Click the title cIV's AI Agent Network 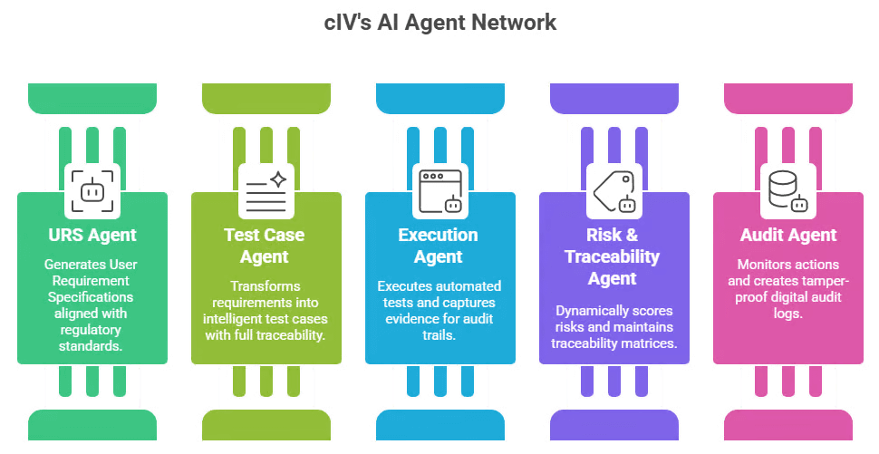(440, 23)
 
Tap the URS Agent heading (92, 235)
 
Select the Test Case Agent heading (264, 246)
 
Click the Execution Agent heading (439, 246)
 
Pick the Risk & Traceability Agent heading (613, 256)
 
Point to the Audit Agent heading (788, 235)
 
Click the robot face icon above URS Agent (92, 191)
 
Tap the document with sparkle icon (266, 191)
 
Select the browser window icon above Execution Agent (440, 191)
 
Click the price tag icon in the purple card (614, 191)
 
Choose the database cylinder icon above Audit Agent (788, 191)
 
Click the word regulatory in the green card (91, 330)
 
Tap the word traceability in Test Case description (294, 335)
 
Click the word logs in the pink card (788, 314)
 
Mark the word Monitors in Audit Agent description (760, 265)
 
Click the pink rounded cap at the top (788, 99)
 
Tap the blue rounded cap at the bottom (440, 424)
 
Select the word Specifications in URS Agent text (91, 297)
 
